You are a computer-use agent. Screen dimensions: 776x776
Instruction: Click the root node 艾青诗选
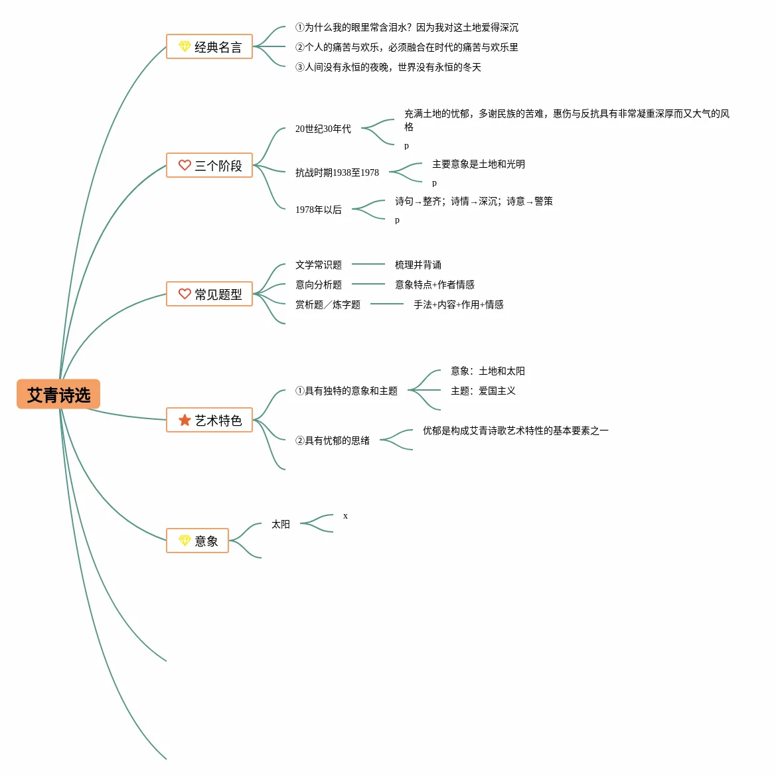(58, 395)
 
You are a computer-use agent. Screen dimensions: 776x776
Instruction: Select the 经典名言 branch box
(209, 47)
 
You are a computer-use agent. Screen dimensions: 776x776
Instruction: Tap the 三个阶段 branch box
(209, 165)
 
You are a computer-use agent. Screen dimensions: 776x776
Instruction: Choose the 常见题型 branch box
(209, 294)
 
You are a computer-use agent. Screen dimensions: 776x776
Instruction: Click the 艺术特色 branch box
(209, 420)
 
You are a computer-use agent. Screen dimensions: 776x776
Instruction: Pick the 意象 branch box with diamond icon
(197, 541)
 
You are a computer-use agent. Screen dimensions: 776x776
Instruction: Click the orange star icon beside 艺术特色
(185, 420)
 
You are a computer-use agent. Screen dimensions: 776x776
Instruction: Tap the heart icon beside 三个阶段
(185, 165)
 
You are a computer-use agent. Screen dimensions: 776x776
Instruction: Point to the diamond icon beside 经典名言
(185, 47)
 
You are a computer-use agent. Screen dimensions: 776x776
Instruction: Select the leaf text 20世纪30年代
(323, 129)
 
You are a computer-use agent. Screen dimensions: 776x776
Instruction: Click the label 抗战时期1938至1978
(337, 172)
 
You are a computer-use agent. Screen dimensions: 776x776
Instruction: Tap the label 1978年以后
(318, 210)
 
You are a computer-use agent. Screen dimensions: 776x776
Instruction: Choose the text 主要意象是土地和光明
(478, 164)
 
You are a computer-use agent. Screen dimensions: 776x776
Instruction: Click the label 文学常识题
(318, 265)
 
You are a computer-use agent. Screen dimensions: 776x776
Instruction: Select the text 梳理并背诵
(418, 265)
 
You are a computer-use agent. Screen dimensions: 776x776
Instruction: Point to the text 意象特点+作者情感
(434, 285)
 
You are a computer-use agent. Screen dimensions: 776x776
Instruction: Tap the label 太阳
(280, 524)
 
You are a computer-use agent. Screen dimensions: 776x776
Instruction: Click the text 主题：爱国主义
(483, 391)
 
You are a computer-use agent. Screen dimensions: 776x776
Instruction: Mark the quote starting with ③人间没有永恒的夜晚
(388, 67)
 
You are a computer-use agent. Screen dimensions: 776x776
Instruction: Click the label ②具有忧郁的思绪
(332, 440)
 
